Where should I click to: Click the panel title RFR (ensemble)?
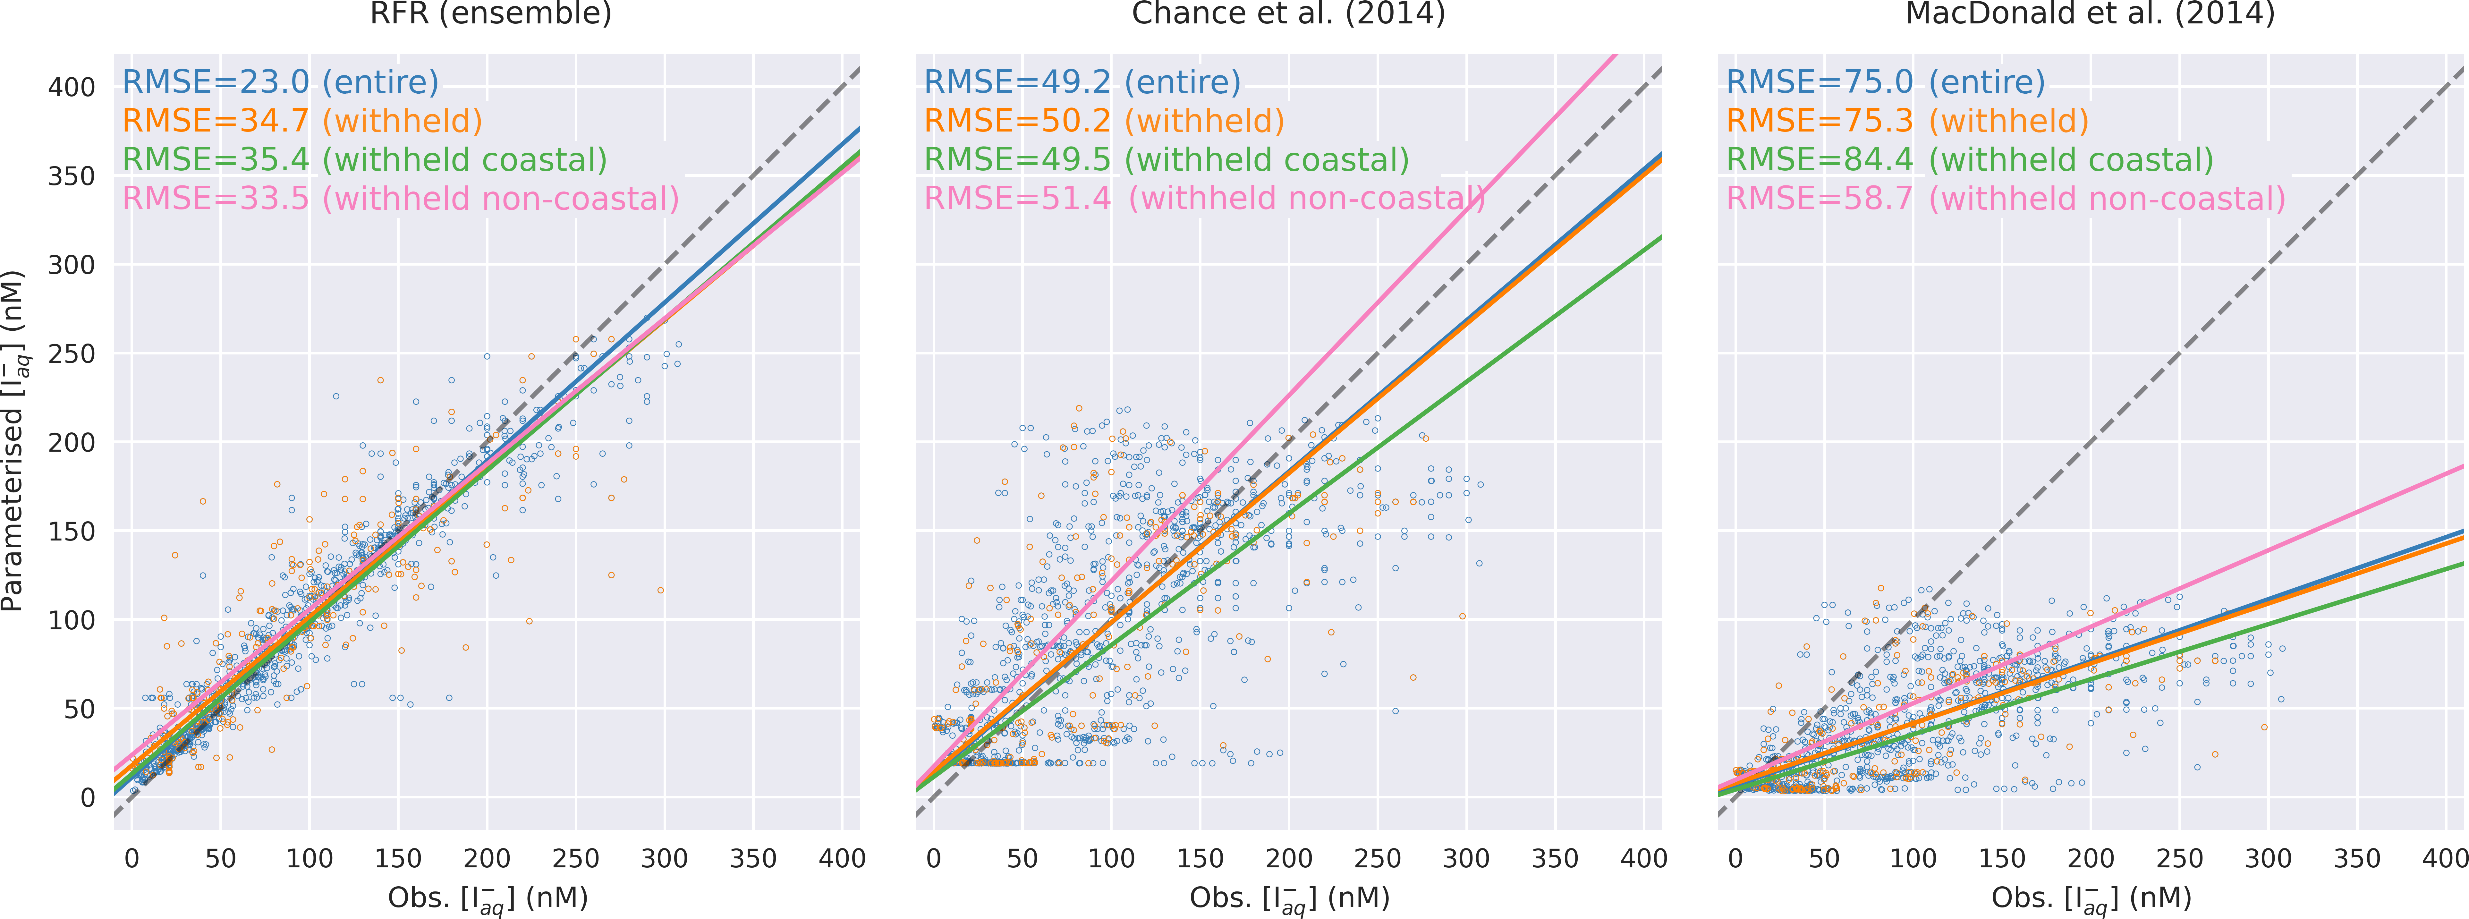[x=491, y=13]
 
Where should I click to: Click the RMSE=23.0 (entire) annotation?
[x=281, y=82]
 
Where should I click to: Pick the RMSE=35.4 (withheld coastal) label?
[x=365, y=160]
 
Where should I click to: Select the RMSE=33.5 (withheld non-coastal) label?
[x=401, y=199]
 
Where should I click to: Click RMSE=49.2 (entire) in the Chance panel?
[x=1082, y=82]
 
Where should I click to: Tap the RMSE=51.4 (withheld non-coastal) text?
[x=1204, y=199]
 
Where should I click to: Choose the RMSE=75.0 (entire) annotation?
[x=1885, y=82]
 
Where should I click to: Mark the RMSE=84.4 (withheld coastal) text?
[x=1970, y=160]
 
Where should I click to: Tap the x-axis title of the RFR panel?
[x=488, y=899]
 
